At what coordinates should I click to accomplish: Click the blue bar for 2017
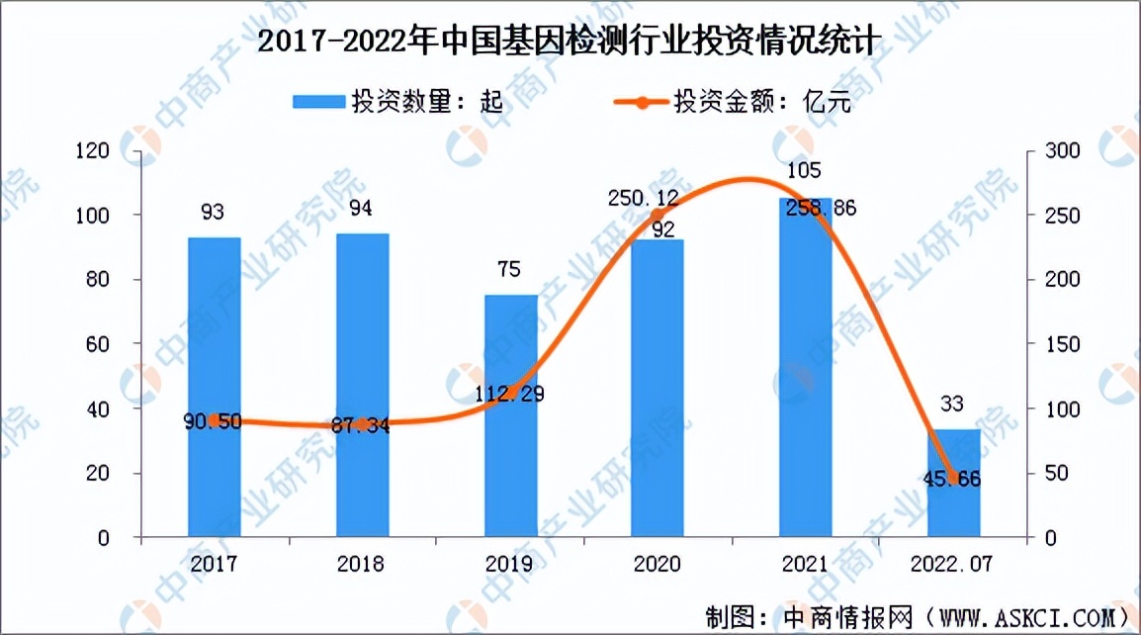(x=214, y=387)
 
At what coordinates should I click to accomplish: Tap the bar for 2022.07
(x=954, y=484)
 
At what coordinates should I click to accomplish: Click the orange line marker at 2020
(x=658, y=215)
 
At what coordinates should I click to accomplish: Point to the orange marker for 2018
(x=362, y=424)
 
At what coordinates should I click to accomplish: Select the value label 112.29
(x=509, y=394)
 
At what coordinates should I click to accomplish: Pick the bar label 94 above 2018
(x=361, y=209)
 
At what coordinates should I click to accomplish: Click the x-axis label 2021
(x=805, y=563)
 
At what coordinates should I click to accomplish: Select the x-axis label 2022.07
(x=953, y=563)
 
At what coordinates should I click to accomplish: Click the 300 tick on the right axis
(x=1051, y=151)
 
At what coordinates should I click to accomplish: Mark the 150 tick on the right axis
(x=1051, y=344)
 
